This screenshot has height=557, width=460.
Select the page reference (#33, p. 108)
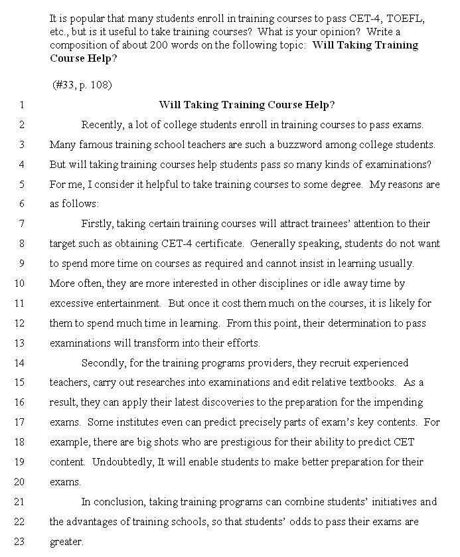tap(82, 85)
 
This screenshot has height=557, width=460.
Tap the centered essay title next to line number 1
tap(246, 105)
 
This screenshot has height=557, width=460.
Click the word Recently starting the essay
tap(102, 125)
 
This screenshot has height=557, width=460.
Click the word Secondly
tap(104, 362)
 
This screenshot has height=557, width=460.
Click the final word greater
tap(66, 542)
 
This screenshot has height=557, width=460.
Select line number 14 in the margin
tap(19, 362)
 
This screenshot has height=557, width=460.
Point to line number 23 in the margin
tap(19, 542)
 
